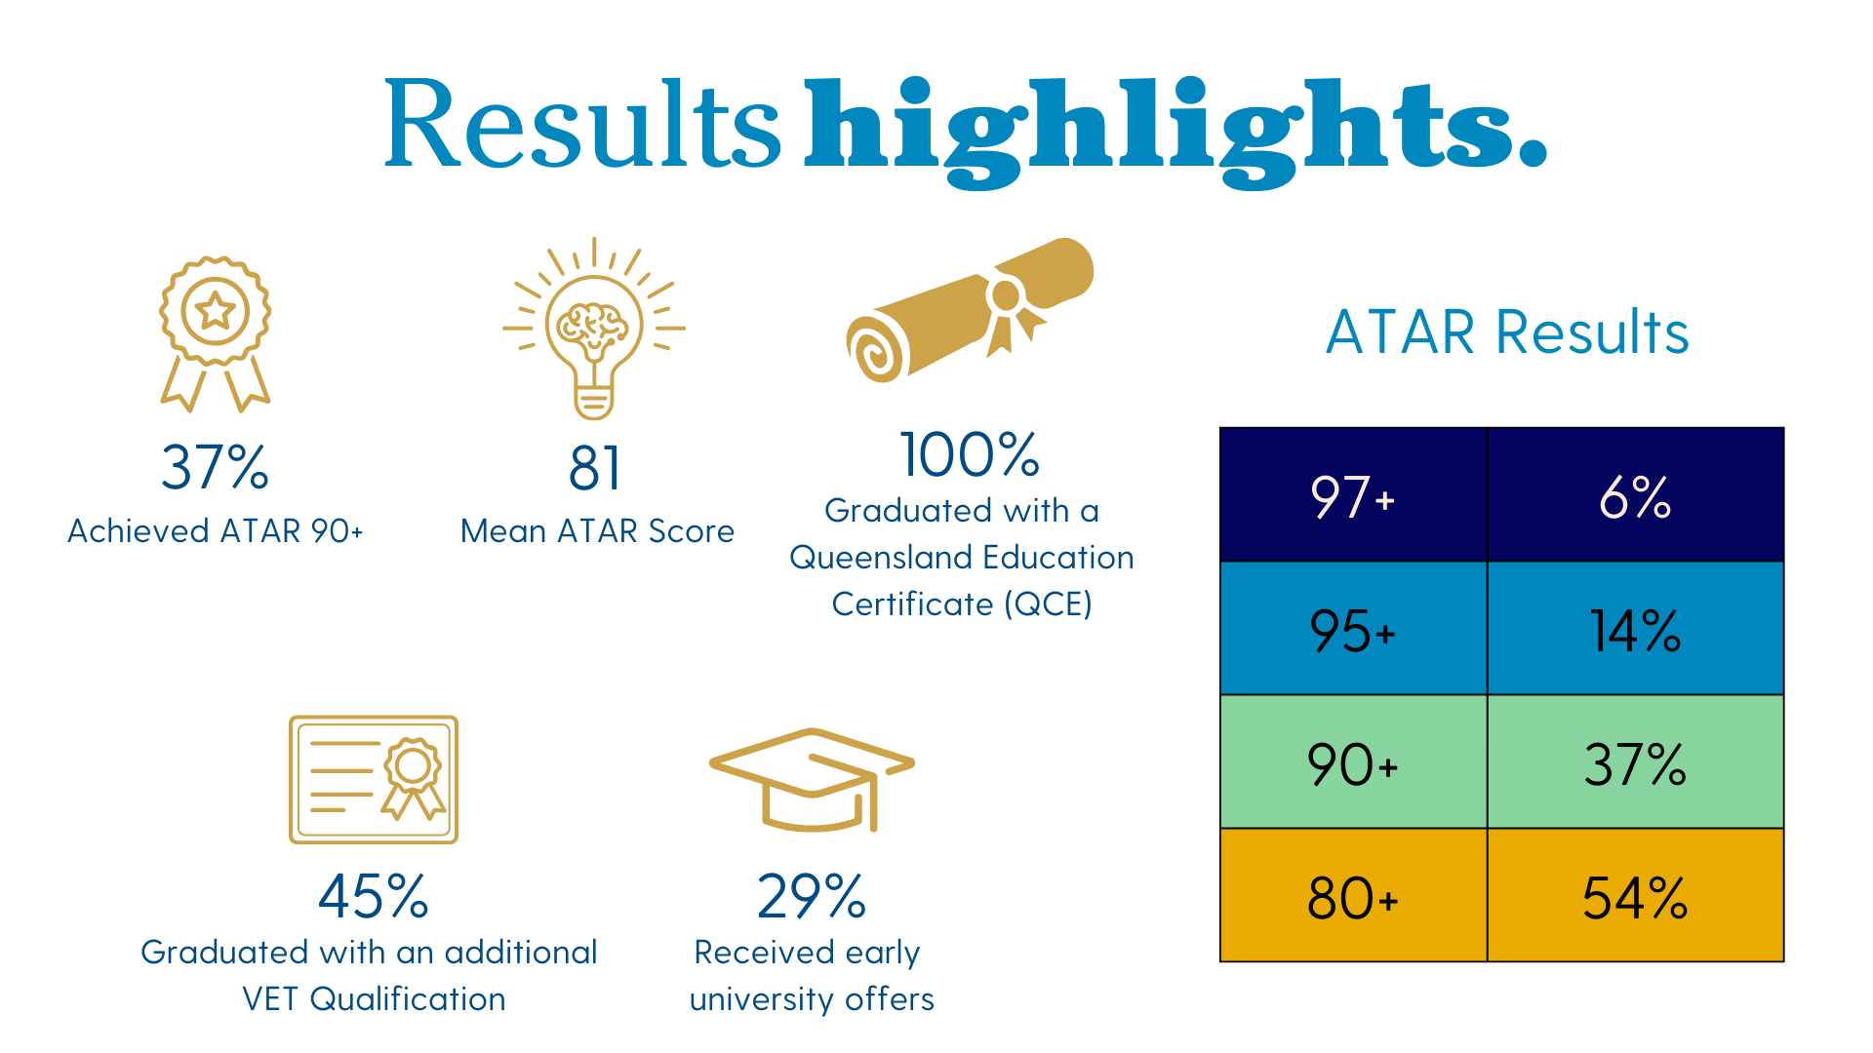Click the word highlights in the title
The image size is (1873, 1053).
1176,132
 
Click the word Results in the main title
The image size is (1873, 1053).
582,124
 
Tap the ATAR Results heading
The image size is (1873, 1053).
1507,331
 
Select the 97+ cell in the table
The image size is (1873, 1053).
1353,494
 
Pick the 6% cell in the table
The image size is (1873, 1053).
1635,494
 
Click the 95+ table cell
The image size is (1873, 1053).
1353,628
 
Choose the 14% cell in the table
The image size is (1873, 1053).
1635,628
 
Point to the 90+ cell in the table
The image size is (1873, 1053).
1353,761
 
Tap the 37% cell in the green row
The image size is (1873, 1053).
1635,761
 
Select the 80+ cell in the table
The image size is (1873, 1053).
1353,895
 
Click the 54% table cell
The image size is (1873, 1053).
1635,895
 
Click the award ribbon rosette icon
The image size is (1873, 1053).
216,332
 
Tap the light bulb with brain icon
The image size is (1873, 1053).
594,329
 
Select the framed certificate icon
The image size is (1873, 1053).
374,780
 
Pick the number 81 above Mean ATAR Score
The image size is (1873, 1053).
595,468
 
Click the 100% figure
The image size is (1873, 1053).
970,454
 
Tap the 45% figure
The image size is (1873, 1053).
374,896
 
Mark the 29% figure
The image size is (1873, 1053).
812,896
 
